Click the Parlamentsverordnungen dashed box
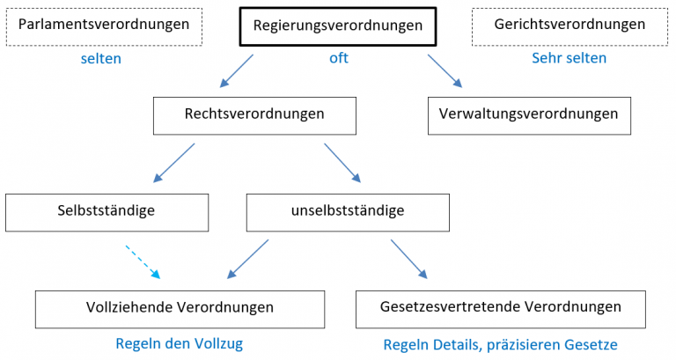point(104,26)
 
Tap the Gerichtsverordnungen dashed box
point(569,26)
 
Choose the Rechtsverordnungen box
point(254,115)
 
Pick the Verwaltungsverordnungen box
point(529,115)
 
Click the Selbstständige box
point(107,212)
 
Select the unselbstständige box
point(348,212)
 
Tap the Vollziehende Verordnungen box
point(180,308)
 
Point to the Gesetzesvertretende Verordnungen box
point(501,308)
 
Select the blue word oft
point(339,58)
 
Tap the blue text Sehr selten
point(569,58)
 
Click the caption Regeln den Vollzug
point(179,343)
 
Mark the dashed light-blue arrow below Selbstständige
point(143,261)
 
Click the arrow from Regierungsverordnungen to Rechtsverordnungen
point(236,71)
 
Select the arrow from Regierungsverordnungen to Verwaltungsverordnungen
point(445,70)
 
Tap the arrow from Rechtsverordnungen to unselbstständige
point(342,163)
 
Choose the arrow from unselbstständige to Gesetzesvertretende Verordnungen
point(409,261)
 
